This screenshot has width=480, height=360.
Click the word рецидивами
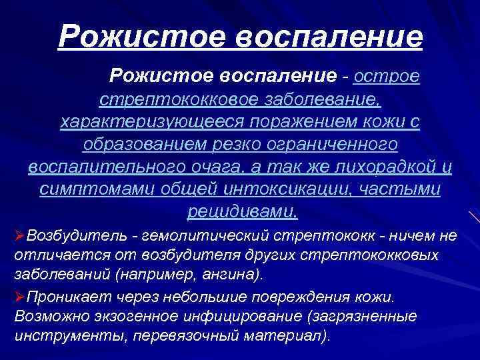pyautogui.click(x=241, y=212)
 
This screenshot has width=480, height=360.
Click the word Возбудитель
pyautogui.click(x=66, y=235)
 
